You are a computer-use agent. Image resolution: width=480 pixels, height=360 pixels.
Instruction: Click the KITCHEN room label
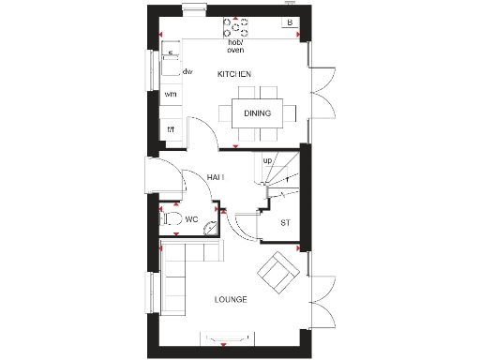(233, 73)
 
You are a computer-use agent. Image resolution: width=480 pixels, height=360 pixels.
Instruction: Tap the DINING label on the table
(258, 113)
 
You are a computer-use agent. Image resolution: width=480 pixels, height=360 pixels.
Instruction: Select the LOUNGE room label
(230, 300)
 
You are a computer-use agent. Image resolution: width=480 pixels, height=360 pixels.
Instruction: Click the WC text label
(190, 220)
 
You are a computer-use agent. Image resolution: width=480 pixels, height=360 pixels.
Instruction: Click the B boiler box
(290, 22)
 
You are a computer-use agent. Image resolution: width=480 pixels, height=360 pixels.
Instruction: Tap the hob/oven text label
(235, 46)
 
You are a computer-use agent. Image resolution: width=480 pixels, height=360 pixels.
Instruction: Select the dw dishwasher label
(187, 71)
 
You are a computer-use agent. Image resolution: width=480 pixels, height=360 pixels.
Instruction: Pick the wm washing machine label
(172, 94)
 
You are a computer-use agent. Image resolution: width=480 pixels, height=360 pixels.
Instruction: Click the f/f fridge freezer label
(172, 129)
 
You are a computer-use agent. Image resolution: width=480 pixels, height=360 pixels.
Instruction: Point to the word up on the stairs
(267, 160)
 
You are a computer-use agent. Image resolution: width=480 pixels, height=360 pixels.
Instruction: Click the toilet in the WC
(171, 219)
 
